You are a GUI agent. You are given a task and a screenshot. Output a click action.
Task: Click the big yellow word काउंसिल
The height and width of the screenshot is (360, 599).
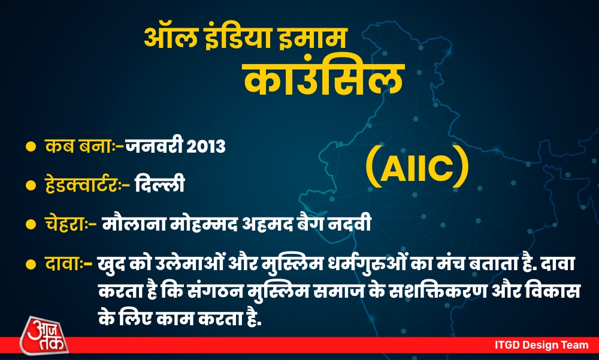323,78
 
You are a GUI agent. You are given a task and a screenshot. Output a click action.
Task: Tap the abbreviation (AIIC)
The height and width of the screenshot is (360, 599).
417,167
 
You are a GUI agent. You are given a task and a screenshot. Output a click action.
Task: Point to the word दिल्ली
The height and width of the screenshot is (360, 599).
160,183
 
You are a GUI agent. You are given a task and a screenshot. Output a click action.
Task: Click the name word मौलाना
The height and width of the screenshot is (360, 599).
134,223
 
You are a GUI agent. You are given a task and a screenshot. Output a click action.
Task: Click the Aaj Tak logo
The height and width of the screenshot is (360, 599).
44,335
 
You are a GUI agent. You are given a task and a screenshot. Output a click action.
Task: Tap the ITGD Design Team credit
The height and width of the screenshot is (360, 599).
541,344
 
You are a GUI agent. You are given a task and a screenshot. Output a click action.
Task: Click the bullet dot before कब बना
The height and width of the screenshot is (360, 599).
31,146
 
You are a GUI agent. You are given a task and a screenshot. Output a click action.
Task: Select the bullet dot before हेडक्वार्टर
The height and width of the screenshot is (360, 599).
31,185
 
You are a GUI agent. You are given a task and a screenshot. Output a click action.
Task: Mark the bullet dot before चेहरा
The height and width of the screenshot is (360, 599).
31,225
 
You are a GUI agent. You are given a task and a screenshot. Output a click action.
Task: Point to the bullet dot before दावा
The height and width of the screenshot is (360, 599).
31,264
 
